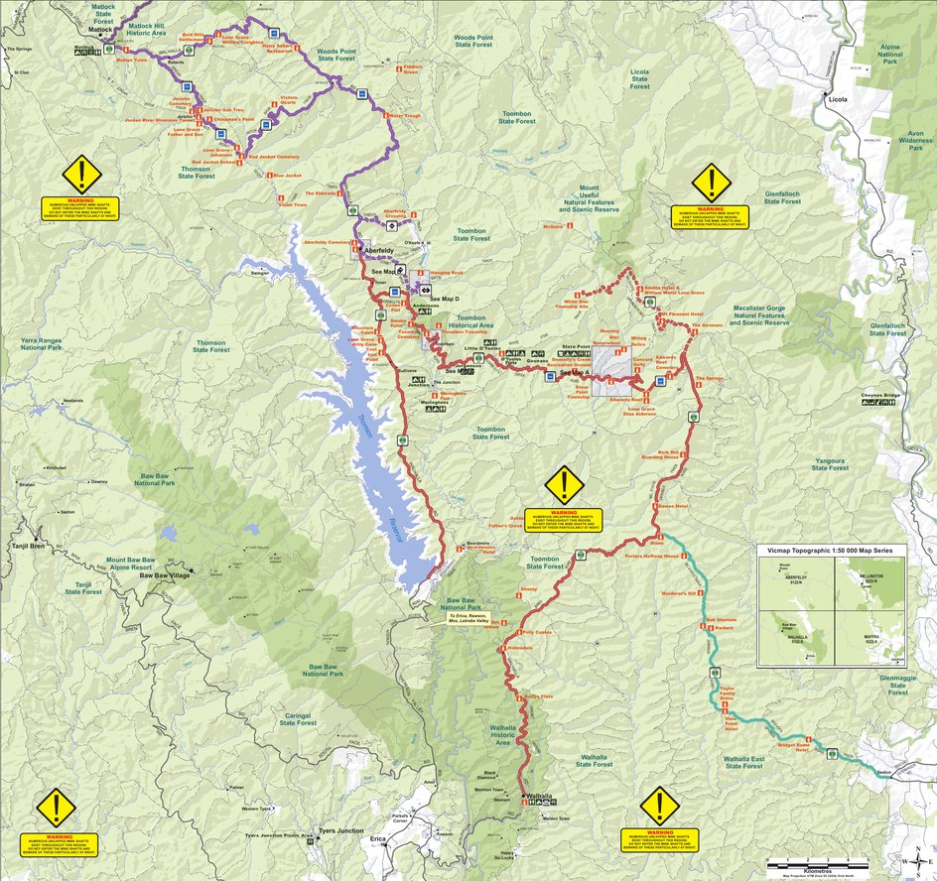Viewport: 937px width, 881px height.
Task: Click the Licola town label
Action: [x=837, y=100]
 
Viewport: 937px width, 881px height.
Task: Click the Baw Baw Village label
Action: [x=163, y=574]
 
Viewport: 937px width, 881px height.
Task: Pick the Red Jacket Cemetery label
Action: [x=274, y=157]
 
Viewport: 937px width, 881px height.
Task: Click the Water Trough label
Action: [x=405, y=116]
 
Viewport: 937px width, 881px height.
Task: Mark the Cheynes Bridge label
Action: [x=880, y=397]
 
